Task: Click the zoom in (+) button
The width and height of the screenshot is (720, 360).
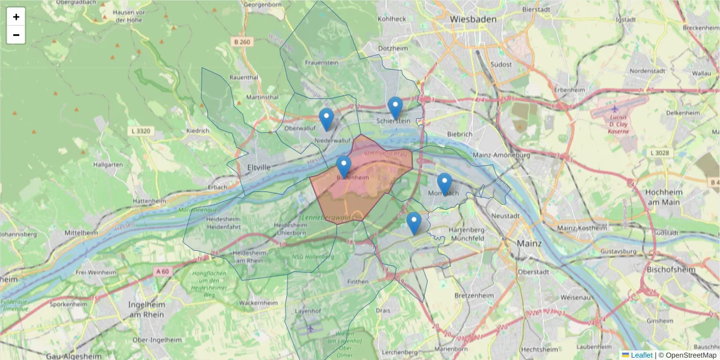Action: (16, 17)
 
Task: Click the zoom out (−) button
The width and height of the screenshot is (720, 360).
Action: (16, 35)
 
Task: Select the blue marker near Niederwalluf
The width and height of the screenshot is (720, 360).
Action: (326, 120)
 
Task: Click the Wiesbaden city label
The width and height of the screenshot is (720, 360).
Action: (474, 19)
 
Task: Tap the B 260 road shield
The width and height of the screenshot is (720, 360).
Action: (242, 42)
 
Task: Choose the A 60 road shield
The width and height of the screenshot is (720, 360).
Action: (163, 271)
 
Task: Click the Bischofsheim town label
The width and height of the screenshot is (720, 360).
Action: (671, 270)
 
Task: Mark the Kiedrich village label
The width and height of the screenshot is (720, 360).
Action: (199, 130)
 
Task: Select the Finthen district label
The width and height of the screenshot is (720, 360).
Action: (358, 281)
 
